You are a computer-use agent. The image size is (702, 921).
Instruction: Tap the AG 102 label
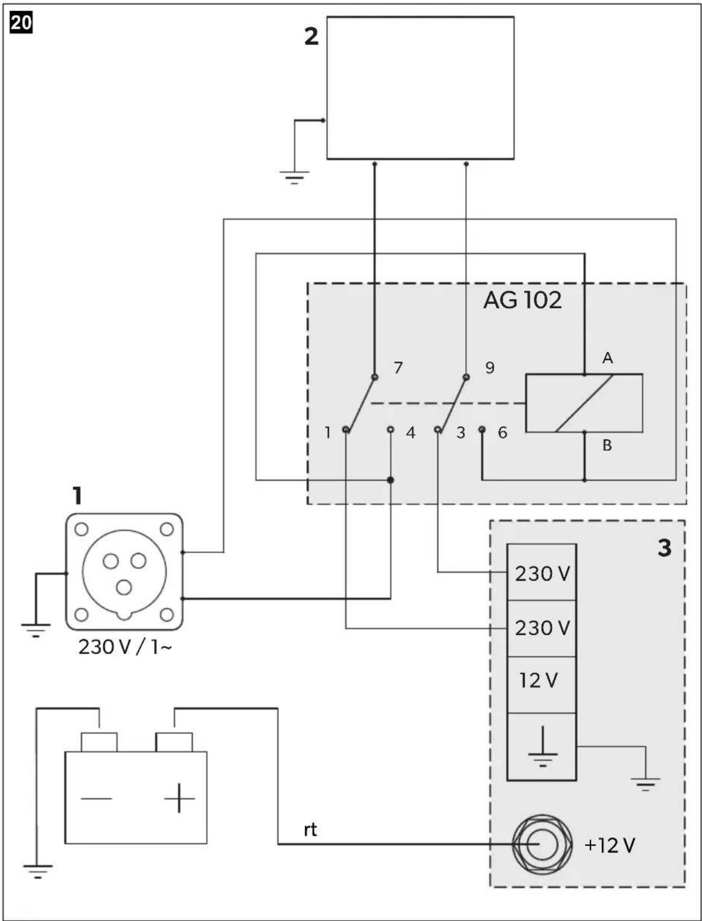[x=522, y=300]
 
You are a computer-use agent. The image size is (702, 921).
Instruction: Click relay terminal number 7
[x=398, y=367]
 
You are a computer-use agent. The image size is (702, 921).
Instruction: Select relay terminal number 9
[x=490, y=367]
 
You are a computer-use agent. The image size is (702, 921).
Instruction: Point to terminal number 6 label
[x=502, y=433]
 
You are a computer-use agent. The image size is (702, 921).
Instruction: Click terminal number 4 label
[x=411, y=433]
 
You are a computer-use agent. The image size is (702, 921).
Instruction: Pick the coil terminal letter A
[x=608, y=358]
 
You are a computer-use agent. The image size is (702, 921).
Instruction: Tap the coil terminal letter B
[x=607, y=445]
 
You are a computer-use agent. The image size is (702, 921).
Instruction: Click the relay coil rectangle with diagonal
[x=584, y=403]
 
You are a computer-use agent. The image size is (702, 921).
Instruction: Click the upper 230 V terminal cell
[x=542, y=572]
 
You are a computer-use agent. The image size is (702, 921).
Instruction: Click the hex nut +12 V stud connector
[x=542, y=845]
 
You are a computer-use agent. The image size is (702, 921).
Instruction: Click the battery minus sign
[x=96, y=798]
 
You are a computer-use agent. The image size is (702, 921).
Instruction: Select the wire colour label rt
[x=310, y=830]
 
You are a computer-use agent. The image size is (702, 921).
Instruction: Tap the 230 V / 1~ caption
[x=125, y=647]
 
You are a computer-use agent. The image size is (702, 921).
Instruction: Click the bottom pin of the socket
[x=124, y=587]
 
